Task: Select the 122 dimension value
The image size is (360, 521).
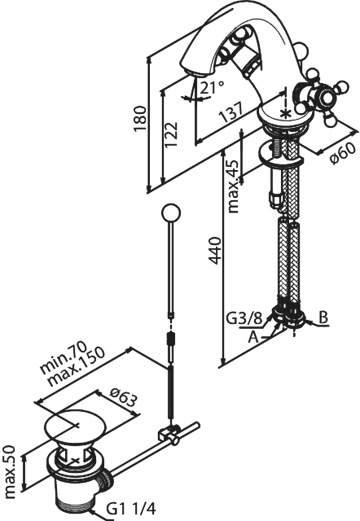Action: click(x=171, y=134)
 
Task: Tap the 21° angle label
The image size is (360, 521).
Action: click(x=212, y=87)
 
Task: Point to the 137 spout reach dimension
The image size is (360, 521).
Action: click(x=231, y=112)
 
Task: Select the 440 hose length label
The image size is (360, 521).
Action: click(x=216, y=250)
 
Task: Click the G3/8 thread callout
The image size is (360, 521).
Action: click(x=244, y=318)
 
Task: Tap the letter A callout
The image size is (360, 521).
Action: click(x=254, y=337)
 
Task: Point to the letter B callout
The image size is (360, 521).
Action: click(x=323, y=317)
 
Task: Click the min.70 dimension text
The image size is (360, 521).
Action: click(x=63, y=357)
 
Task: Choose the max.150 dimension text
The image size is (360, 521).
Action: click(x=76, y=367)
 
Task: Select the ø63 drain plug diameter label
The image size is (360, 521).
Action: click(x=123, y=397)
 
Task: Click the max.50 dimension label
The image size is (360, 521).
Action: click(x=10, y=471)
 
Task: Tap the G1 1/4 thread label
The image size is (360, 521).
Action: click(x=131, y=509)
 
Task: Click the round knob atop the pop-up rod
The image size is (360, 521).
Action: click(x=170, y=212)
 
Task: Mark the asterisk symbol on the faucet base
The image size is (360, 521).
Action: click(x=285, y=113)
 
